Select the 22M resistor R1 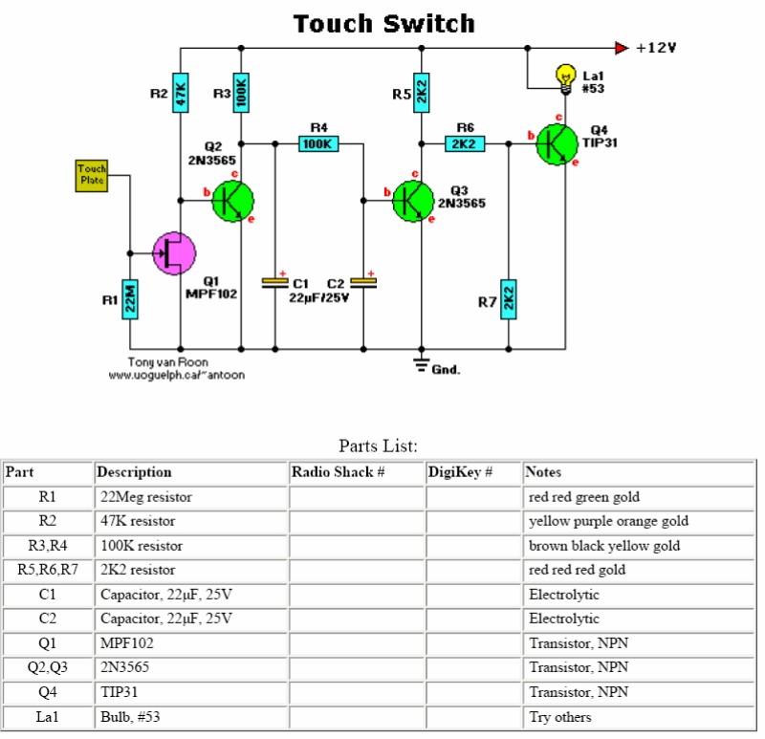tap(131, 300)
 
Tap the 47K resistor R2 tap(180, 94)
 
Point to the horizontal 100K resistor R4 tap(318, 144)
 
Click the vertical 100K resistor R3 tap(241, 94)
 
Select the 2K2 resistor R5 tap(421, 94)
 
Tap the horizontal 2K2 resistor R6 tap(465, 144)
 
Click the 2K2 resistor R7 tap(508, 300)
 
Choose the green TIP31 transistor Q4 tap(556, 144)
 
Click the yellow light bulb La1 tap(565, 75)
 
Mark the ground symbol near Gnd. tap(421, 362)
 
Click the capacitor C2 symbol tap(363, 282)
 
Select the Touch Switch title tap(382, 24)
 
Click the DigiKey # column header tap(460, 472)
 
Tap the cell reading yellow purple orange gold tap(608, 521)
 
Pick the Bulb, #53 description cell tap(190, 717)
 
